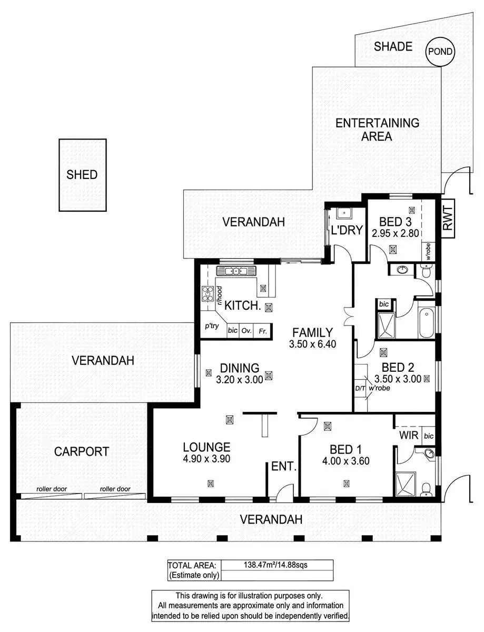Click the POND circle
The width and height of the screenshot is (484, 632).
(440, 52)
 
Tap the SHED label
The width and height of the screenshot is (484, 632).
(82, 174)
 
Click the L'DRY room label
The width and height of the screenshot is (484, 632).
(347, 230)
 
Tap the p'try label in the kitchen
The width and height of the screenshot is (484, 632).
(212, 326)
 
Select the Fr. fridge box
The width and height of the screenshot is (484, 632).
(262, 331)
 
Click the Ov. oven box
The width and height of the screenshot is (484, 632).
(246, 331)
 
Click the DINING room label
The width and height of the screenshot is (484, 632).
(240, 368)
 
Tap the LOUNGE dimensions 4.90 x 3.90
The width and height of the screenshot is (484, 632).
(206, 458)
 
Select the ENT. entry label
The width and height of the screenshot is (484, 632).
(284, 467)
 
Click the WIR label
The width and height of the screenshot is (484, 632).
(409, 436)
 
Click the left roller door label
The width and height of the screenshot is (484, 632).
(51, 489)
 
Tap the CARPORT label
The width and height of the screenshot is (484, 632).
(82, 451)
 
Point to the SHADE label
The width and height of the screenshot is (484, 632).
(393, 46)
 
